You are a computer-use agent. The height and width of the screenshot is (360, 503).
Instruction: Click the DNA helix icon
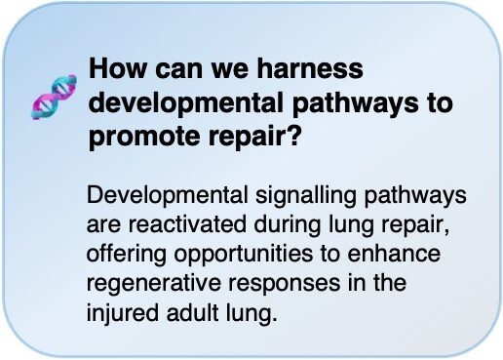point(54,97)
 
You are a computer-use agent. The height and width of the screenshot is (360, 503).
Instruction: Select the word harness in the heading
point(310,68)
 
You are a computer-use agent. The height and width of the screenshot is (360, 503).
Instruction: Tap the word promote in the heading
point(144,137)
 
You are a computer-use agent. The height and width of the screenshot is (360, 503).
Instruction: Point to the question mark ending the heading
point(291,134)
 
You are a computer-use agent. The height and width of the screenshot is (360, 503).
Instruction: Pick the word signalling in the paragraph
point(306,196)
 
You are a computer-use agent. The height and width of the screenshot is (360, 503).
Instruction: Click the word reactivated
point(187,224)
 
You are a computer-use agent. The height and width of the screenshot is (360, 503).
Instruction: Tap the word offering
point(127,255)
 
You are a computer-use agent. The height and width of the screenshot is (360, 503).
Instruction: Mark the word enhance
point(394,254)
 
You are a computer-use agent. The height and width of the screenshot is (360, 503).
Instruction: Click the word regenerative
point(153,284)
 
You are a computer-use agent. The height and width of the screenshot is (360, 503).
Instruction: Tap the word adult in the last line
point(192,312)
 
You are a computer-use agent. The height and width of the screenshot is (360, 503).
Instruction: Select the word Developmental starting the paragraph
point(167,196)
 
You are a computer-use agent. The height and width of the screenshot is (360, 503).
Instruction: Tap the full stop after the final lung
point(275,319)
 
